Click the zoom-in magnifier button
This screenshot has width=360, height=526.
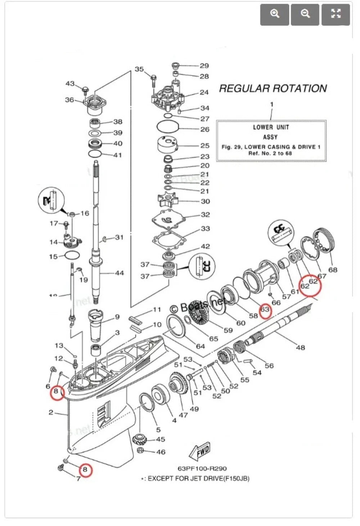[x=275, y=14]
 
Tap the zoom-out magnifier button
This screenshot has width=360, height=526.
[x=305, y=14]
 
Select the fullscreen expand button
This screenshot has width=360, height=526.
[x=336, y=14]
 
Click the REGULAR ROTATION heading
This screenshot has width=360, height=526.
[x=273, y=89]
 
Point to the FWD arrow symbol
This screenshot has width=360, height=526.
[x=199, y=452]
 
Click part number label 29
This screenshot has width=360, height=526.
[x=204, y=66]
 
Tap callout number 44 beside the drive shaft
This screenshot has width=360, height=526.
[x=119, y=273]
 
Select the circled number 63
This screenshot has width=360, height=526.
[x=265, y=309]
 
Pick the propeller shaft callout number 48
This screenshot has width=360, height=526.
[x=300, y=347]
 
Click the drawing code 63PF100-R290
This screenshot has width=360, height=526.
[x=202, y=469]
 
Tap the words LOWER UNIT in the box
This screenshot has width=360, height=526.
[x=271, y=127]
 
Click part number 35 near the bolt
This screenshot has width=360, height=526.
[x=139, y=69]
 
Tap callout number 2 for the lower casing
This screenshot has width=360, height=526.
[x=51, y=412]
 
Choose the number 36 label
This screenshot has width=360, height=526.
[x=69, y=100]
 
